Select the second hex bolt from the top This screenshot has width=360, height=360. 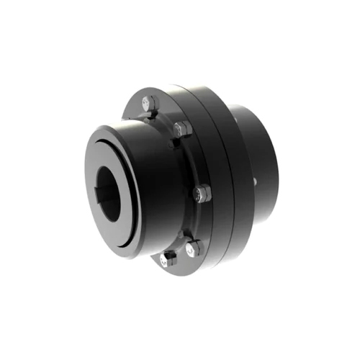pos(182,131)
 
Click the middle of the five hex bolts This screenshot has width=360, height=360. pos(203,192)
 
